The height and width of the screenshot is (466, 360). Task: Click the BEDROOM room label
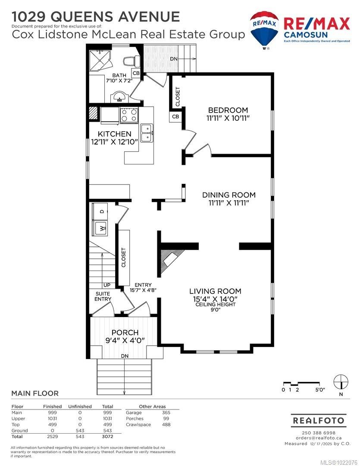pos(228,110)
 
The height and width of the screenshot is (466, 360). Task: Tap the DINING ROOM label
pos(229,195)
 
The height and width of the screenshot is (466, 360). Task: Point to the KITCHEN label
pos(114,134)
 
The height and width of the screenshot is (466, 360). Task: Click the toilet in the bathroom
pos(130,62)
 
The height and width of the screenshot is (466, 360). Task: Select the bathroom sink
pos(118,97)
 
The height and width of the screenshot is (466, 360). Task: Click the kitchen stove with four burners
pos(128,114)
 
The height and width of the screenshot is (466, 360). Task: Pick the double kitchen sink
pos(147,133)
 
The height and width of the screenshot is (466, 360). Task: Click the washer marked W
pos(102,228)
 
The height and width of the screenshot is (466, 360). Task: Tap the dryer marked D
pos(102,211)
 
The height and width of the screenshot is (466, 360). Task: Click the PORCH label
pos(125,333)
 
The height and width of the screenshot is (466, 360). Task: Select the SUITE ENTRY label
pos(103,296)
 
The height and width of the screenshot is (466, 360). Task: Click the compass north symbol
pos(341,382)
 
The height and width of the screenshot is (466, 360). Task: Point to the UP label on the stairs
pos(106,285)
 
